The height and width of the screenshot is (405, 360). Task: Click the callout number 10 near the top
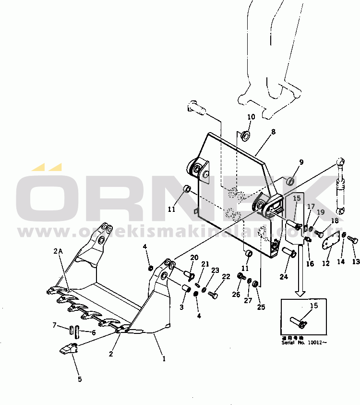(x=251, y=117)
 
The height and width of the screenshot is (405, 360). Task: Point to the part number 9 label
(x=301, y=162)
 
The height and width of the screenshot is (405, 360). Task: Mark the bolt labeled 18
(x=319, y=233)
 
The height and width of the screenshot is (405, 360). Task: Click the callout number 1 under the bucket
(x=164, y=358)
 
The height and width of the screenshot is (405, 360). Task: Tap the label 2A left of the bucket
(x=58, y=250)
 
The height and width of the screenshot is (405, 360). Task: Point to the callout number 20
(x=194, y=258)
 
